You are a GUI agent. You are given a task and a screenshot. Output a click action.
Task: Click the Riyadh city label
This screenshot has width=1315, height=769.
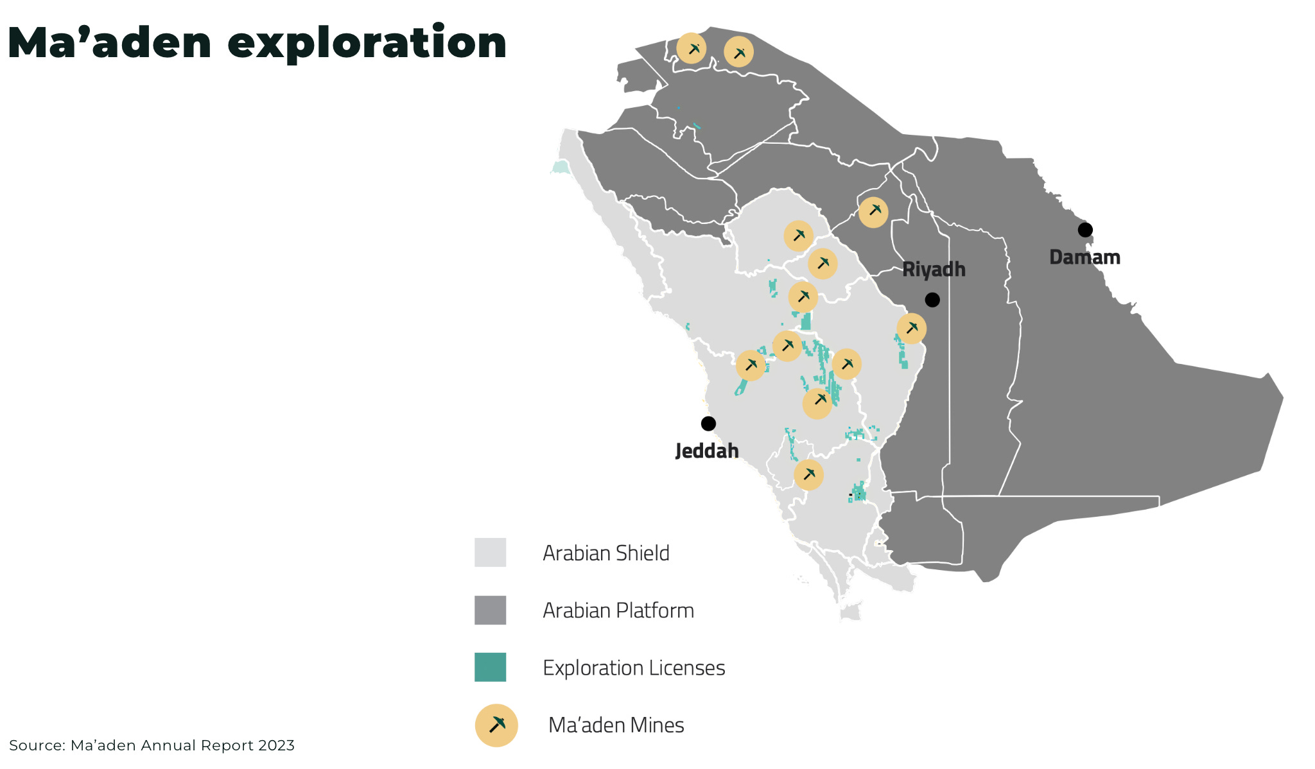point(934,270)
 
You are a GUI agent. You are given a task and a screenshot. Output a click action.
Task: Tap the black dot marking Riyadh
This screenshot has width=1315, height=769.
point(932,300)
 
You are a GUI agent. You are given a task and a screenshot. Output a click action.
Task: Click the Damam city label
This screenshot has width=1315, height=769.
point(1084,257)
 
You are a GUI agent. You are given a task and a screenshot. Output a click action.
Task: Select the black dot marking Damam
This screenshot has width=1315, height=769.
point(1085,230)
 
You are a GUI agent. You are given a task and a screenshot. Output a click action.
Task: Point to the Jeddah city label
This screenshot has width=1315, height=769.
point(707,451)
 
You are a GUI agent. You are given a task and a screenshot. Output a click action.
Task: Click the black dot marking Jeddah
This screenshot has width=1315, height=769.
point(708,424)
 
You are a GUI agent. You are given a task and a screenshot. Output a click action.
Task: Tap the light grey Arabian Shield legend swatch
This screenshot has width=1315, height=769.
point(490,553)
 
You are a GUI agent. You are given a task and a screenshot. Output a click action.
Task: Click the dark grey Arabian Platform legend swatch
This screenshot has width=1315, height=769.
point(490,610)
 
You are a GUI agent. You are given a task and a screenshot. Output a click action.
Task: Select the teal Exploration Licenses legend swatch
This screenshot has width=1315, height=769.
point(490,667)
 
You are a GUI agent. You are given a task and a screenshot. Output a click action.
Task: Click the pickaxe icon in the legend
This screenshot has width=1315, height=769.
point(496,725)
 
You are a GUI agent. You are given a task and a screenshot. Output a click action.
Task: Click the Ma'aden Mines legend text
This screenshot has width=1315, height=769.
point(616,725)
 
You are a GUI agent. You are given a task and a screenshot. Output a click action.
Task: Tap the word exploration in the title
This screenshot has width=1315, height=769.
point(367,44)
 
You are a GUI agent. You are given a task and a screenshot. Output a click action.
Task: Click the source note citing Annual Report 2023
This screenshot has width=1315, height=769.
point(152,745)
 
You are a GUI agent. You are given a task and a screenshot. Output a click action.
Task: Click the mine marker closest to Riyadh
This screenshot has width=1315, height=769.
point(911,329)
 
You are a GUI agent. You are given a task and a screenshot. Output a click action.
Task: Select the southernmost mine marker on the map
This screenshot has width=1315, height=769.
point(808,475)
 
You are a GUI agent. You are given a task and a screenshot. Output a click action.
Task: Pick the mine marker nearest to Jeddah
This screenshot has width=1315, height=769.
point(751,366)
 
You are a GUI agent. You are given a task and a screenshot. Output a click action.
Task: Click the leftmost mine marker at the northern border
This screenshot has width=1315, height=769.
point(692,49)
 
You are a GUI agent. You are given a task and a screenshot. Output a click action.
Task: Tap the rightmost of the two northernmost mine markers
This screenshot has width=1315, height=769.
point(738,53)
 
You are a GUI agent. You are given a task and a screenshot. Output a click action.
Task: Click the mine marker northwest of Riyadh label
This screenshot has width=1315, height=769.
point(873,212)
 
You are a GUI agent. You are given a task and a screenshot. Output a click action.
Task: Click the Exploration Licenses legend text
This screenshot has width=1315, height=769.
point(634,668)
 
